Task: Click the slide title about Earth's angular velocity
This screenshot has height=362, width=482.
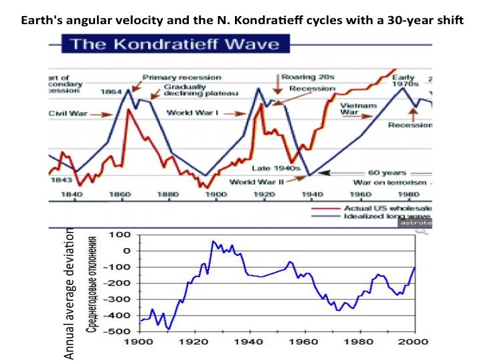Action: pyautogui.click(x=242, y=19)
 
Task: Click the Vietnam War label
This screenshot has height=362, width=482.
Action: pyautogui.click(x=359, y=109)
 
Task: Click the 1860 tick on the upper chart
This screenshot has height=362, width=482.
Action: pyautogui.click(x=120, y=194)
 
